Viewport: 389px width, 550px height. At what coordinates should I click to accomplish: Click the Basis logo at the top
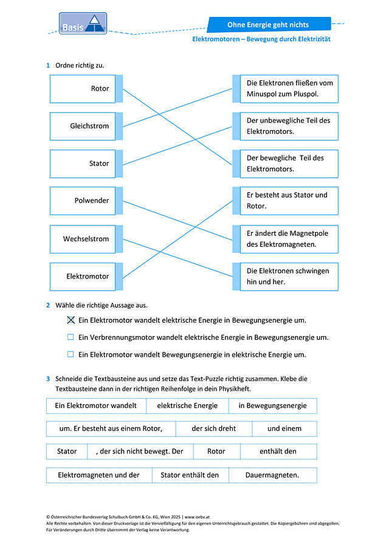click(x=83, y=24)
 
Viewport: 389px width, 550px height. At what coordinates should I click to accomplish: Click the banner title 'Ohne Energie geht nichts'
click(x=268, y=24)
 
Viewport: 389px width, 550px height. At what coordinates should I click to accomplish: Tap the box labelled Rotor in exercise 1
click(x=83, y=89)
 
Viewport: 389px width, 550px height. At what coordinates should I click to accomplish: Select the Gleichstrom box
click(x=83, y=126)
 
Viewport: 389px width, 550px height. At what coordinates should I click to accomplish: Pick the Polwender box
click(x=83, y=201)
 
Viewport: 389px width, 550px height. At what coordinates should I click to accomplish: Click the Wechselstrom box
click(x=83, y=239)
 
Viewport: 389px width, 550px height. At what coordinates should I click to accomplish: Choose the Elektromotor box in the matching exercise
click(x=83, y=277)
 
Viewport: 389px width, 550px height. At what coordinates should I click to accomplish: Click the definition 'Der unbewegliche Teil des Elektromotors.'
click(x=289, y=126)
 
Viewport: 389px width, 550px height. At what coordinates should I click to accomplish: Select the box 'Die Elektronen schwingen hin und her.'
click(x=289, y=277)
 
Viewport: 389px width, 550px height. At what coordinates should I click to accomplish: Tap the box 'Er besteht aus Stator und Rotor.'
click(x=289, y=201)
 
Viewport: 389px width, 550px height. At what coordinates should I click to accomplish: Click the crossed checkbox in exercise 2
click(x=71, y=320)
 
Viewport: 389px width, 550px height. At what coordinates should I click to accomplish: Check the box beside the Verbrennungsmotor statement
click(x=71, y=337)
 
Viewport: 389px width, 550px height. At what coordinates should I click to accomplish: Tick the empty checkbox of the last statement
click(x=71, y=354)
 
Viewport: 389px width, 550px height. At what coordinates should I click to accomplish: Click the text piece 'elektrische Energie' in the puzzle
click(x=187, y=406)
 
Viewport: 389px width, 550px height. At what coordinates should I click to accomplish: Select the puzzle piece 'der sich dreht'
click(x=213, y=428)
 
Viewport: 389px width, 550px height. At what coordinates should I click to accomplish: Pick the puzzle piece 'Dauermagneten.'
click(x=272, y=475)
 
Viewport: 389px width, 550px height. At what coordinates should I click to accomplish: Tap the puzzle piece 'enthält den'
click(x=278, y=452)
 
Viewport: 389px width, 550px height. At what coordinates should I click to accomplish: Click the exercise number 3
click(x=48, y=379)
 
